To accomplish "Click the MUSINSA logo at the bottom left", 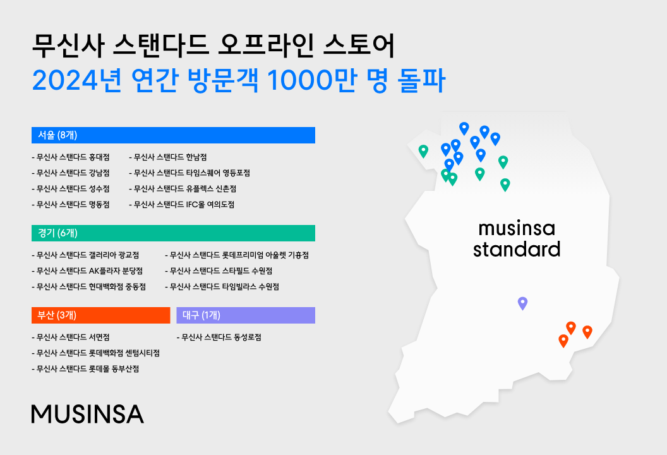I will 87,413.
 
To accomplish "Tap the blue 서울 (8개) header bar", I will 173,135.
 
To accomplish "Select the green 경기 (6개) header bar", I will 173,233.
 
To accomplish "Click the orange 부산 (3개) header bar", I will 101,315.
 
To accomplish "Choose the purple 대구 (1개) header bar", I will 246,315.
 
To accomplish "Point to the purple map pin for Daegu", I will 522,303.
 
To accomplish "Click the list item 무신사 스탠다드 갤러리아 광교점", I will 86,255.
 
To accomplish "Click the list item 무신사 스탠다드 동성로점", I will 220,337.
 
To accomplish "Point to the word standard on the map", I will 517,249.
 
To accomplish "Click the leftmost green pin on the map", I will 423,150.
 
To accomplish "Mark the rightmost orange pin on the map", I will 587,331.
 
